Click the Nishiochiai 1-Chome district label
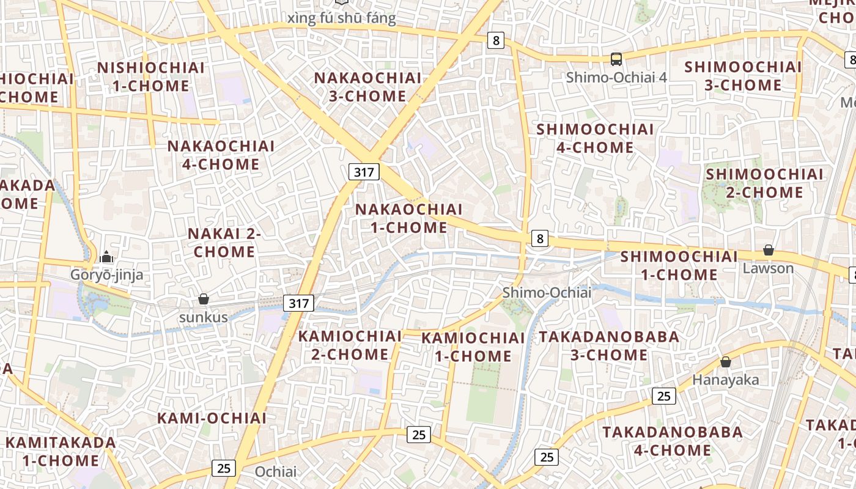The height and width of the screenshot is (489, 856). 151,76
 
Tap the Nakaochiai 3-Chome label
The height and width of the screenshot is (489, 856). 367,87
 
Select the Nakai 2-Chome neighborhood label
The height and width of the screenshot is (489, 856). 224,243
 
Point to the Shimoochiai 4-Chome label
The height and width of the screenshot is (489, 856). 595,138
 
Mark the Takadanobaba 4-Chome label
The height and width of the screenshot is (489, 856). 673,441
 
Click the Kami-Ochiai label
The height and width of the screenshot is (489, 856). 212,418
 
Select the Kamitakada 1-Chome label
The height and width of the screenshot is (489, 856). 61,451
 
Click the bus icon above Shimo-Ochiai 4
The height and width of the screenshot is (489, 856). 616,59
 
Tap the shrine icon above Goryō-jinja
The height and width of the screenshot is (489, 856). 107,257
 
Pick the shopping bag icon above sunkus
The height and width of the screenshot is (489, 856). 204,299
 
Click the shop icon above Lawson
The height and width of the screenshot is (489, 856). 769,250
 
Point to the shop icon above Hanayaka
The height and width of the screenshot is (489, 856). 726,362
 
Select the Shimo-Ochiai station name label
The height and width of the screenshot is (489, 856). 547,293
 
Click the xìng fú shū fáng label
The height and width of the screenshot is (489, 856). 341,18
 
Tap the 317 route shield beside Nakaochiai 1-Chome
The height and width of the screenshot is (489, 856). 364,172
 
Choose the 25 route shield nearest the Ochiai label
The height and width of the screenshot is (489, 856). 224,468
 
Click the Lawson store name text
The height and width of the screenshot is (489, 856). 769,268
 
